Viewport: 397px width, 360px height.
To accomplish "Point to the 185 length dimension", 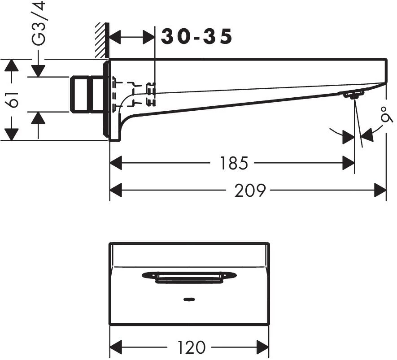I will tap(234, 163).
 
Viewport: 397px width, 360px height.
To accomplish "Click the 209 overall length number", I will tap(250, 191).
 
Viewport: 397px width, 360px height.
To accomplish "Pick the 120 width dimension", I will tap(191, 347).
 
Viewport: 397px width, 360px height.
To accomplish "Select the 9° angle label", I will tap(384, 115).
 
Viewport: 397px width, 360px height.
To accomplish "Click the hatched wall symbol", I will tap(101, 41).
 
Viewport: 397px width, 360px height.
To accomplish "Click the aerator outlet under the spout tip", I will tap(354, 95).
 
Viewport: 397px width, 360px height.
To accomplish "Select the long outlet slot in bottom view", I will tap(189, 277).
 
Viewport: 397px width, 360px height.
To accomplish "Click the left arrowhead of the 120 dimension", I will tap(116, 347).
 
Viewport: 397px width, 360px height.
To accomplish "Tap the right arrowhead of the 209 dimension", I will tap(380, 191).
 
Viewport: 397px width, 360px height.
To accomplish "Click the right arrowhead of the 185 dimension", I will tap(349, 163).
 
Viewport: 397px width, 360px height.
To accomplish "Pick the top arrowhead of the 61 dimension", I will tap(11, 65).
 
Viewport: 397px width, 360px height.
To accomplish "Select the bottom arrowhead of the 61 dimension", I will tap(11, 134).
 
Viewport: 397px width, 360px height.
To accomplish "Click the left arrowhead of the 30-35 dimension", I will tap(116, 38).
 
